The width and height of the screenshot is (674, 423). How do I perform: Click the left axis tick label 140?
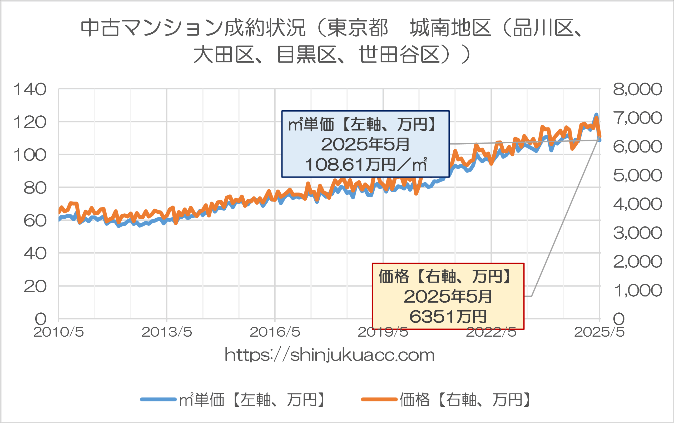[x=30, y=90]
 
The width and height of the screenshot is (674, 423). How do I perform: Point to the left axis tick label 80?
[x=35, y=188]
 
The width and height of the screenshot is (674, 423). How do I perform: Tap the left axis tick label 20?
[x=35, y=287]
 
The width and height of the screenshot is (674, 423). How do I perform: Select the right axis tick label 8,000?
[x=637, y=90]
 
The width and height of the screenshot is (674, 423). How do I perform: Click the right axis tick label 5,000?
[x=637, y=176]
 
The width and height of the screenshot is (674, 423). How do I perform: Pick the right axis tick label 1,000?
[x=637, y=291]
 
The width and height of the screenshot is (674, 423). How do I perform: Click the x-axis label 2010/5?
[x=58, y=332]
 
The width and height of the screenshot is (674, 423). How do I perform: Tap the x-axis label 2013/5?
[x=167, y=332]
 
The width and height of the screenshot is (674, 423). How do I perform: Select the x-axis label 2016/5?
[x=275, y=332]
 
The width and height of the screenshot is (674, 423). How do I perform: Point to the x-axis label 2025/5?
[x=599, y=332]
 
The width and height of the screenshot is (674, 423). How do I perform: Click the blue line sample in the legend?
[x=158, y=400]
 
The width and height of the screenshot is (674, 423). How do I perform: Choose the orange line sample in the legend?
[x=379, y=400]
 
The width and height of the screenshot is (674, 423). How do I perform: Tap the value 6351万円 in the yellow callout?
[x=448, y=317]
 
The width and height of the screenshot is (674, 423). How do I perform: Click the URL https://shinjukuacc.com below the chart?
[x=330, y=355]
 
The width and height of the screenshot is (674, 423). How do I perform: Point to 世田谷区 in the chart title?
[x=399, y=55]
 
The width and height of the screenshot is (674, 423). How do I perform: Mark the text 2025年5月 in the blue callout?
[x=365, y=144]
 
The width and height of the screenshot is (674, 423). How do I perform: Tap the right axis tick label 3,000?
[x=637, y=233]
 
